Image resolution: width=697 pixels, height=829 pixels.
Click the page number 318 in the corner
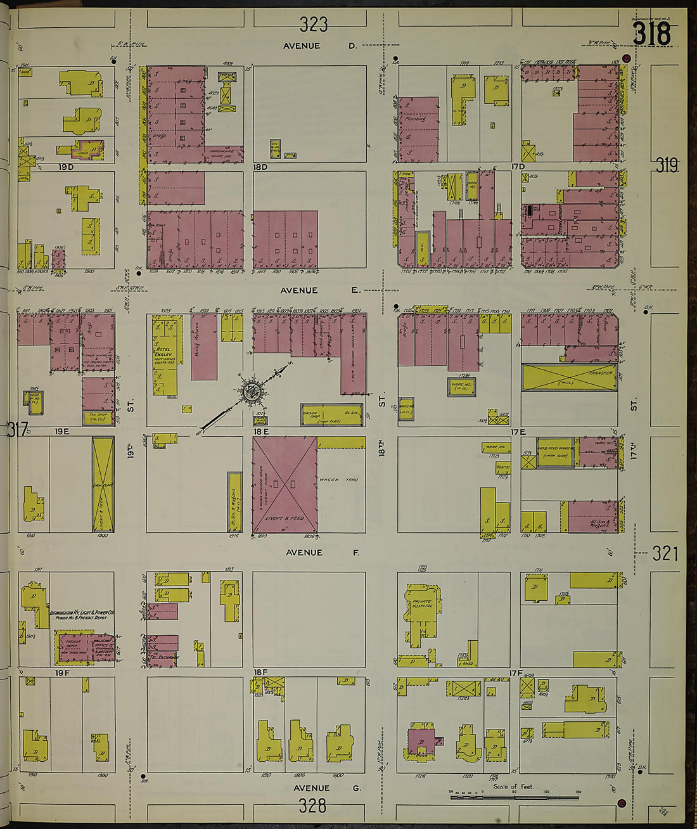click(652, 34)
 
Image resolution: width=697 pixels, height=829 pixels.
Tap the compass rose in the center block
click(252, 392)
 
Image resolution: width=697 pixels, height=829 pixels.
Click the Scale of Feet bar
click(515, 796)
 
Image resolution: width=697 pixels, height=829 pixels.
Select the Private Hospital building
click(421, 605)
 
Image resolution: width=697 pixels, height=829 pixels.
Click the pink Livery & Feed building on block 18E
click(285, 484)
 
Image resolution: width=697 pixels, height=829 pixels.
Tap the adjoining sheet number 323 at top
click(314, 24)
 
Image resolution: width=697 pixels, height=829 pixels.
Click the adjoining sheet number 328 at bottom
click(312, 806)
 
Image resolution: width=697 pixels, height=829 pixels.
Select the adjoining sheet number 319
click(667, 166)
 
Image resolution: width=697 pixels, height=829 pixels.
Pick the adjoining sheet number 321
click(665, 554)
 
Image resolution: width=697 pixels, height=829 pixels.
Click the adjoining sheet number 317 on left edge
click(18, 430)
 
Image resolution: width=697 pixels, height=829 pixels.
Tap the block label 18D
click(260, 167)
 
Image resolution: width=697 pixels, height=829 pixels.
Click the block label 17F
click(515, 672)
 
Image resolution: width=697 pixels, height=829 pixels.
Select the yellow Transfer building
click(569, 377)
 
